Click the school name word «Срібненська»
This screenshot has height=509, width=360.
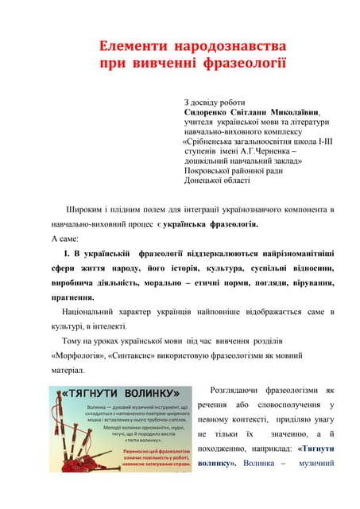(215, 143)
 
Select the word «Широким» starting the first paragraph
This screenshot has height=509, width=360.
(87, 209)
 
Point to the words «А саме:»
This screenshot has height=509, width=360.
(64, 239)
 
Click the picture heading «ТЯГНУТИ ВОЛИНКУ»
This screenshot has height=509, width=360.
(119, 394)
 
